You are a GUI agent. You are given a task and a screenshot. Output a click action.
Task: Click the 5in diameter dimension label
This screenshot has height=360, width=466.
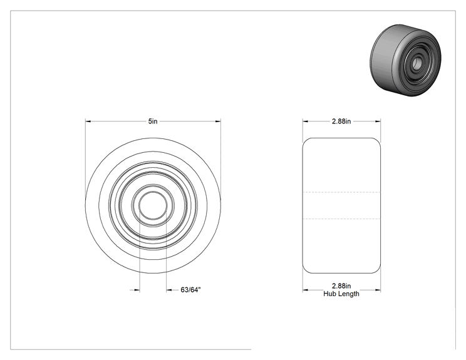pos(153,121)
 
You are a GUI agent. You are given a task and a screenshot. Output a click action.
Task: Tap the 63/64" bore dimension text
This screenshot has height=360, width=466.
pos(191,290)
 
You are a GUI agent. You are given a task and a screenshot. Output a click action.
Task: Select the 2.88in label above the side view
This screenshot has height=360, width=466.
pos(341,121)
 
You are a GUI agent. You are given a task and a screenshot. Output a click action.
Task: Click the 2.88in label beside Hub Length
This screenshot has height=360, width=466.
pos(341,285)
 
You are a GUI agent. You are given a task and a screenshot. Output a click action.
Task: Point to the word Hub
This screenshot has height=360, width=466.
pos(329,294)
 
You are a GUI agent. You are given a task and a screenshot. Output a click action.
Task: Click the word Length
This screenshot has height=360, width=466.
pos(348,294)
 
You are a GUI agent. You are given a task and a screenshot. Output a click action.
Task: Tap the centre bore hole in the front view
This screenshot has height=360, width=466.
pos(153,205)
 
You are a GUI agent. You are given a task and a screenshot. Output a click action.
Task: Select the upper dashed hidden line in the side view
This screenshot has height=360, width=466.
pos(341,192)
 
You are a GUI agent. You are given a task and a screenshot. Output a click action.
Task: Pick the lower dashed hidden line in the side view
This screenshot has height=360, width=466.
pos(341,219)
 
